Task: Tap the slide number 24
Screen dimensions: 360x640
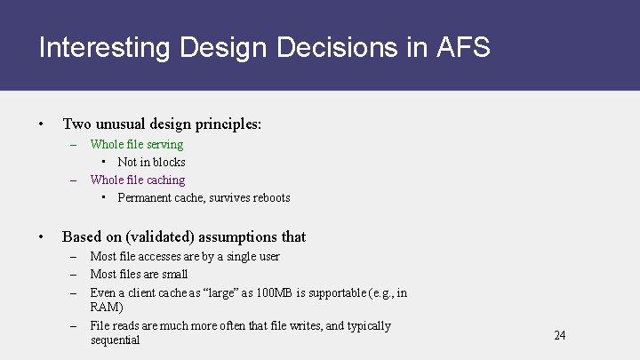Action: [559, 335]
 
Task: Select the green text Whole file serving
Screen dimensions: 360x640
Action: [137, 144]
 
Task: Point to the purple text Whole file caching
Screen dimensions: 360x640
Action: [138, 180]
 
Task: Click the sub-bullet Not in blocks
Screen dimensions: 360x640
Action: [151, 162]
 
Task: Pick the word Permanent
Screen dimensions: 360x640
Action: [145, 197]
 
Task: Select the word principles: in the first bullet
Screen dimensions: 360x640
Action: [229, 124]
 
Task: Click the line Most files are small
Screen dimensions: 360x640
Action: [139, 274]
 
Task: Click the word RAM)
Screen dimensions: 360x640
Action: [107, 308]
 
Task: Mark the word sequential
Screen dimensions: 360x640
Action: [115, 340]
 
